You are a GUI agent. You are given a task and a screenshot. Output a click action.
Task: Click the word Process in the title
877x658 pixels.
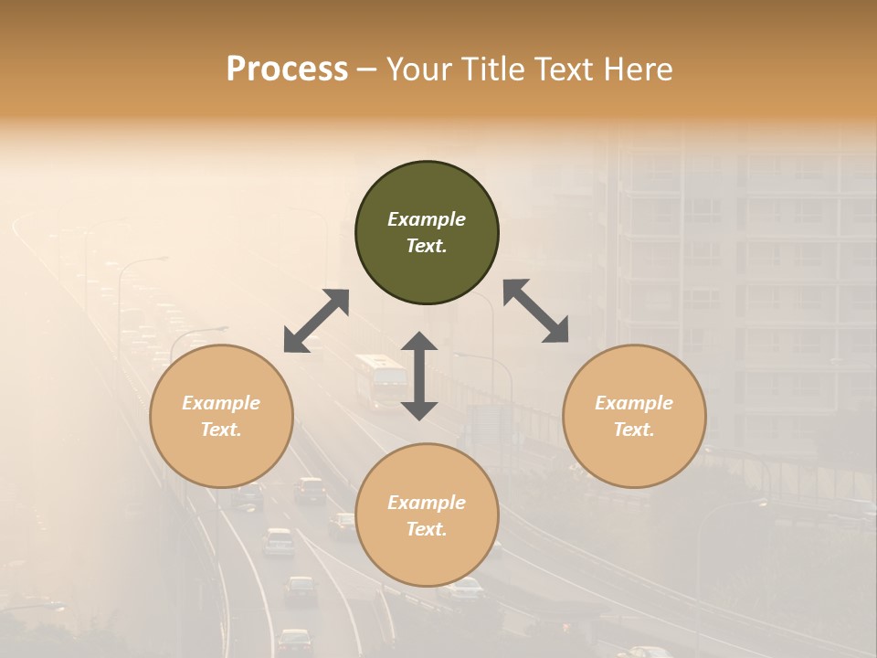[x=287, y=69]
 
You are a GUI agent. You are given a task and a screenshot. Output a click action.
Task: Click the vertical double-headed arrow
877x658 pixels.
[x=419, y=376]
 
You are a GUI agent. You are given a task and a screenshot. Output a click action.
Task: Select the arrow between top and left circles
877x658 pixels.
[x=316, y=321]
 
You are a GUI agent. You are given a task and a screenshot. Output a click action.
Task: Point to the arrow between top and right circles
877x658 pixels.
[x=535, y=311]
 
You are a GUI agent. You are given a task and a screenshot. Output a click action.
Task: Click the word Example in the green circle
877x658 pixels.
[x=427, y=219]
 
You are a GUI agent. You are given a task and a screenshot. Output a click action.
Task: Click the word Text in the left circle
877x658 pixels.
[x=220, y=430]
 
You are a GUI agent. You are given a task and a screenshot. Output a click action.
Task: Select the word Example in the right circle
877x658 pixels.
[x=634, y=403]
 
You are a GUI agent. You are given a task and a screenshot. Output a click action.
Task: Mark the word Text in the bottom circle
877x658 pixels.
[x=426, y=529]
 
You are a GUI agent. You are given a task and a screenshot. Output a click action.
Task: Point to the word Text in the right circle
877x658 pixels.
[x=633, y=430]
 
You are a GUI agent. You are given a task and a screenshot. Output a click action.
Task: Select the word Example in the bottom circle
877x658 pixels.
[x=427, y=503]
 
